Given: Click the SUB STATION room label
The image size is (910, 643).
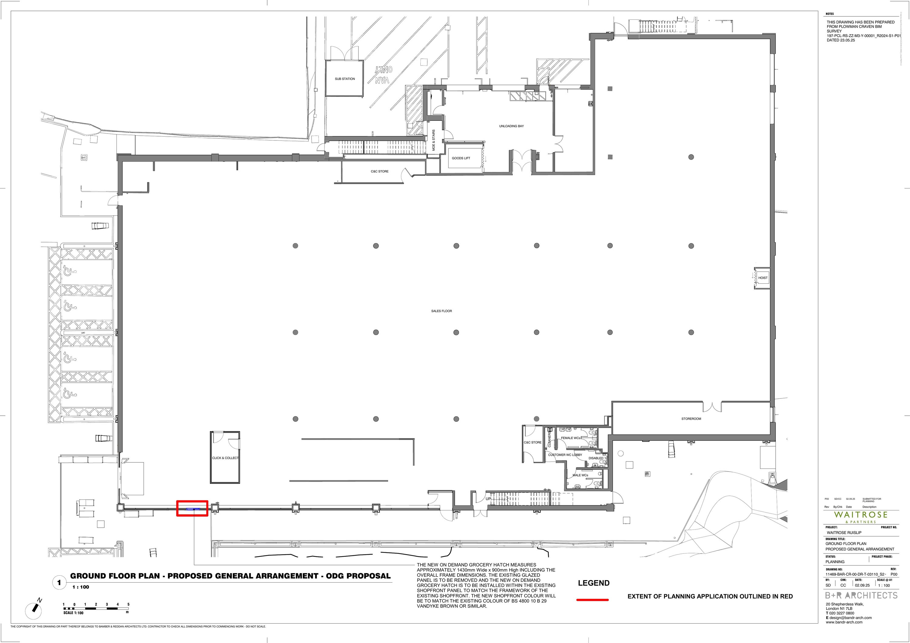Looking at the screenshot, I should (x=345, y=79).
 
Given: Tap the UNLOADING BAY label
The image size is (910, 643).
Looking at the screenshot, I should (x=511, y=126).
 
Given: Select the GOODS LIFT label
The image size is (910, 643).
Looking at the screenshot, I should (x=461, y=158).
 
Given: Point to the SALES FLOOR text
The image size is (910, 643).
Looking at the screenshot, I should (x=442, y=311).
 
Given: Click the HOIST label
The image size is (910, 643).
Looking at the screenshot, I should (x=763, y=278).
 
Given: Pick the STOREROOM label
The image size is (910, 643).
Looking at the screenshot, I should (x=691, y=419).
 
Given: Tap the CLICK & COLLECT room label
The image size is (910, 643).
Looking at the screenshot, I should (x=225, y=458).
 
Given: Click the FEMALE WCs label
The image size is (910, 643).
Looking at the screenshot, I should (x=571, y=438).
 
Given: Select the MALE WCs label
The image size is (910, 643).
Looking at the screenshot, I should (x=580, y=475).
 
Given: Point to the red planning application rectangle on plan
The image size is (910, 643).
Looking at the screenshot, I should (x=192, y=508).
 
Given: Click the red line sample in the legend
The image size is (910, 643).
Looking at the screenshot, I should (x=592, y=600).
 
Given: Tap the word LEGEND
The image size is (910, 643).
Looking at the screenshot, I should (x=593, y=583).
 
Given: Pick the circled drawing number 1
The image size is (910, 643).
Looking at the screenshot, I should (x=59, y=582).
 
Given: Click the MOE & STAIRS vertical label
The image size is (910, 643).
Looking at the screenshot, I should (x=433, y=140).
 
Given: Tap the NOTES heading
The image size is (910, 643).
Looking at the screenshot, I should (x=830, y=14).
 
